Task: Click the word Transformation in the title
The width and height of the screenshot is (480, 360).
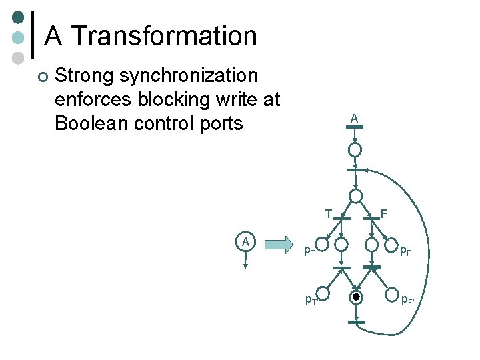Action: (163, 35)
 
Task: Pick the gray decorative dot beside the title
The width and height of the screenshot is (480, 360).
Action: (19, 58)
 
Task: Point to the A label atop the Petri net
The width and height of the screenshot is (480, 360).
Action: (355, 118)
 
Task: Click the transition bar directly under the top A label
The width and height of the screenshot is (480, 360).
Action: (355, 132)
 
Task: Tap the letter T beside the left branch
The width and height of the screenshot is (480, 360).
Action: (329, 213)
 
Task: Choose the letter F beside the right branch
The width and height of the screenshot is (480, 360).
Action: (384, 213)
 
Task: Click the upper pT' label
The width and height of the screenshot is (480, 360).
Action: (310, 251)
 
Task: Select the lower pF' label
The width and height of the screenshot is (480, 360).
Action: (406, 299)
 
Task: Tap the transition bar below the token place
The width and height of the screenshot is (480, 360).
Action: (357, 322)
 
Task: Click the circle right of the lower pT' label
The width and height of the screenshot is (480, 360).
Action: (323, 294)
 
